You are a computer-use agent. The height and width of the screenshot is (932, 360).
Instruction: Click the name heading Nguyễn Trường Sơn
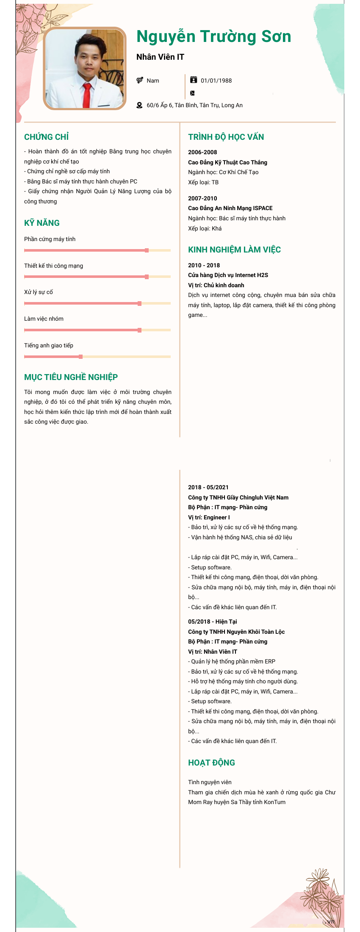(213, 37)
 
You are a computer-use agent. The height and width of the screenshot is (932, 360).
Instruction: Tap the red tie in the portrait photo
(86, 95)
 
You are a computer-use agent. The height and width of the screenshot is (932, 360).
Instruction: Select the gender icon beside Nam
(140, 80)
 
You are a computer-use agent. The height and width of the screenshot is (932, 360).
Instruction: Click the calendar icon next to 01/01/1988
(194, 80)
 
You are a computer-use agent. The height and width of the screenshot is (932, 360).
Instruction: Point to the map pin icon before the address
(139, 105)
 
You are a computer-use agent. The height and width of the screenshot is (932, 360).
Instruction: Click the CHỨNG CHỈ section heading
(46, 137)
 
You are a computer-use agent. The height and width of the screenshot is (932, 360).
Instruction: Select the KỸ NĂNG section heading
(42, 223)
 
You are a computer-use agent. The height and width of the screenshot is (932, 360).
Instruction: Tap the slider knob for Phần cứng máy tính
(147, 250)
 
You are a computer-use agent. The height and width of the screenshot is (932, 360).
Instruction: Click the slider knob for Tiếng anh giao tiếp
(80, 357)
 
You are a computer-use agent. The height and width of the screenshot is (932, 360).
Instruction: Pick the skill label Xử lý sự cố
(39, 292)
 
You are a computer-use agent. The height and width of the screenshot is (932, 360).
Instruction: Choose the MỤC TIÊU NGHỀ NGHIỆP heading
(71, 377)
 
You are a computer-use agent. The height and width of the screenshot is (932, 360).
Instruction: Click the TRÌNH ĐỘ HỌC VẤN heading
(226, 137)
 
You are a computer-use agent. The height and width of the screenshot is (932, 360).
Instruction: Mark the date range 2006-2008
(202, 153)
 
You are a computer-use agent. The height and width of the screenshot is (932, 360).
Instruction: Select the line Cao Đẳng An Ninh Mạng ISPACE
(230, 208)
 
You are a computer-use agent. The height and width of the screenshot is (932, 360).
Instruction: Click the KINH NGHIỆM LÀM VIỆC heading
(234, 250)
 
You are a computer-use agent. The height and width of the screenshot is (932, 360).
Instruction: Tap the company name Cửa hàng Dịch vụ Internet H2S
(228, 275)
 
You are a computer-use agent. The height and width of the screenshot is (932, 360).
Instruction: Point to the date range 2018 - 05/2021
(208, 487)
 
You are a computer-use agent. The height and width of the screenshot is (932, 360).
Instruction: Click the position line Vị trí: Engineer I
(209, 517)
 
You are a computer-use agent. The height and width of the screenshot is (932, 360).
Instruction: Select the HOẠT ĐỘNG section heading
(211, 763)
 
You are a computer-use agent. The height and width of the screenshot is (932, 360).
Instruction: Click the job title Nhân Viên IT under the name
(160, 57)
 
